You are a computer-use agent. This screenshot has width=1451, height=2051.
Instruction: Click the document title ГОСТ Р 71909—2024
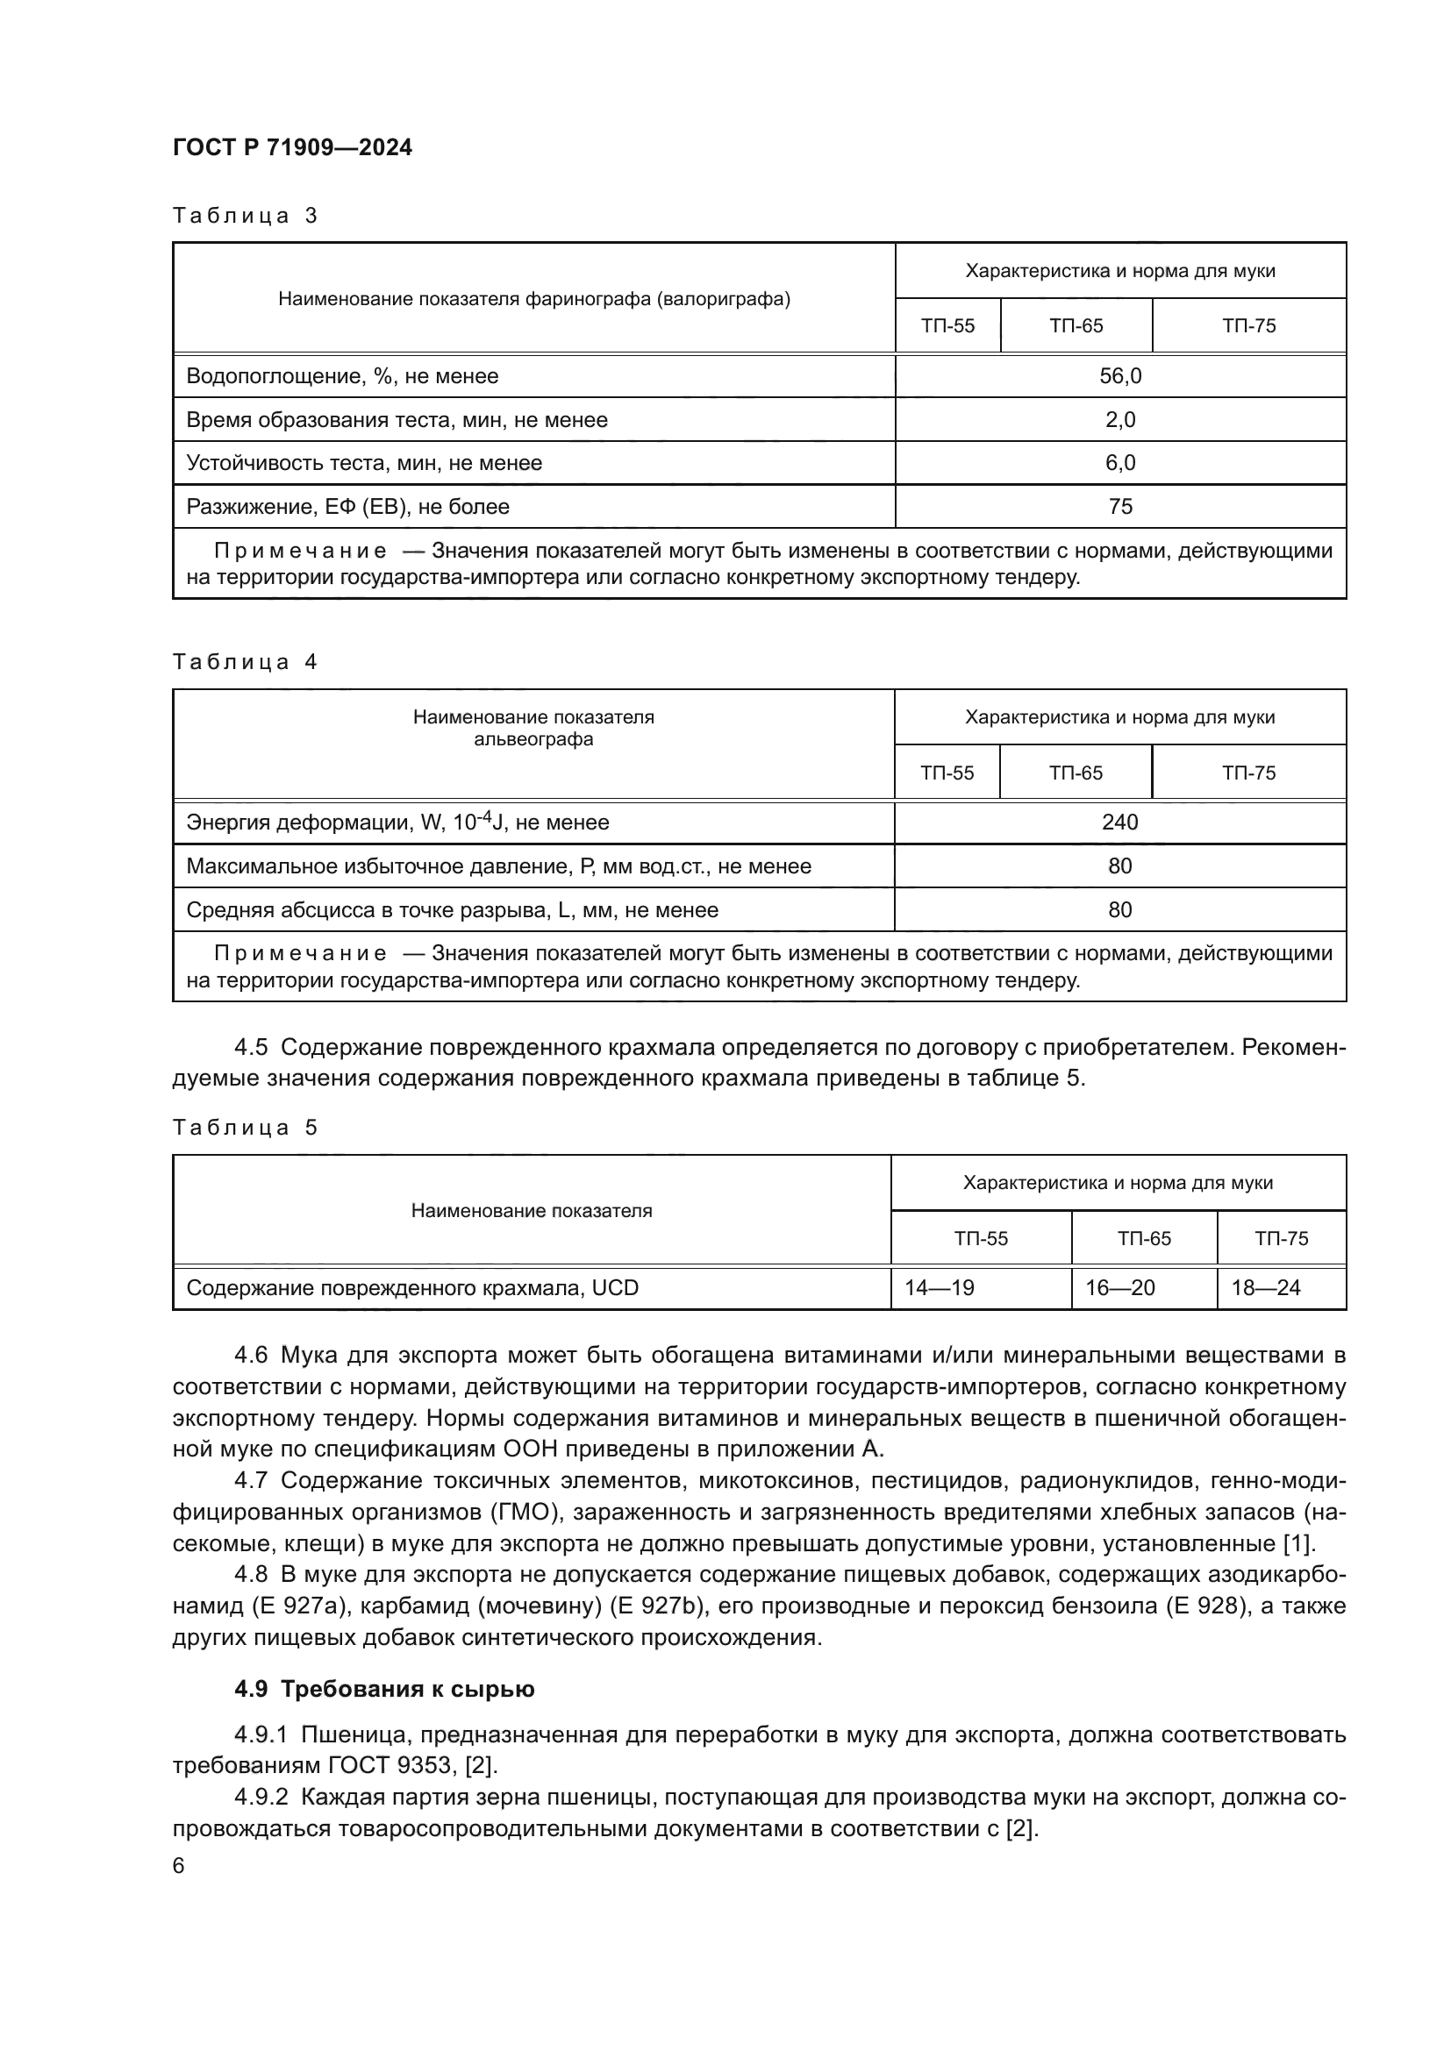point(292,147)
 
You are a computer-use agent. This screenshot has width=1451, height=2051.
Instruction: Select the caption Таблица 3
point(245,216)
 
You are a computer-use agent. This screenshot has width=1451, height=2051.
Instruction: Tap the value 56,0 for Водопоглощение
point(1119,376)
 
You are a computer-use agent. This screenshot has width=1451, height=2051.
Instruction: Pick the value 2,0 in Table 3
point(1119,420)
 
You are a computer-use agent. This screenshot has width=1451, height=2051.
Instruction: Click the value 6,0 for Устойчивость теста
point(1119,463)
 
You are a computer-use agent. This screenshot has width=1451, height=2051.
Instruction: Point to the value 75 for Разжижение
point(1119,507)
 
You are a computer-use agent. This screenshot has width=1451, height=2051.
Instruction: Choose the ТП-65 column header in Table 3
point(1076,326)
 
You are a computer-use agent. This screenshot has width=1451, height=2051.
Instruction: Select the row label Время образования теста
point(397,420)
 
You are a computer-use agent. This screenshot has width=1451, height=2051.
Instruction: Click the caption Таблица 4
point(245,662)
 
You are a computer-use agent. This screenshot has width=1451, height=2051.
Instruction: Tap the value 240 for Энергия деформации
point(1119,822)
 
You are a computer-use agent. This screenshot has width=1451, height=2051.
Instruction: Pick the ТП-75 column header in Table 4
point(1248,773)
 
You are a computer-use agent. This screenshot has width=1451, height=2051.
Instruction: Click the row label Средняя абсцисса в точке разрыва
point(452,909)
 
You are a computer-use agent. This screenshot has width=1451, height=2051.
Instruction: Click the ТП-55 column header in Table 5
point(980,1238)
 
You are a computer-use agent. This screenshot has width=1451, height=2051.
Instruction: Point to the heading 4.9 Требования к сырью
point(384,1688)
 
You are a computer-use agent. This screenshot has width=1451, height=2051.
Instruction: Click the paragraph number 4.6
point(251,1354)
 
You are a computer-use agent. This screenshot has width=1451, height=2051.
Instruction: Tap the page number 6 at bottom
point(179,1865)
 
